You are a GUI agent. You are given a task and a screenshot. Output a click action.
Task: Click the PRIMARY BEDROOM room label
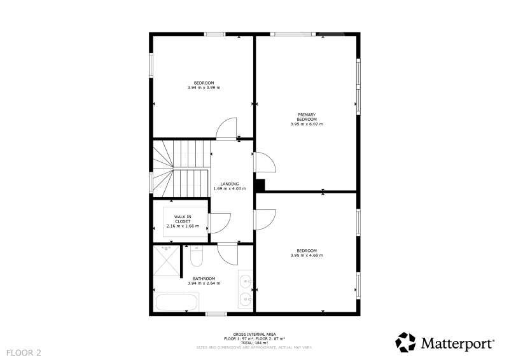pyautogui.click(x=307, y=117)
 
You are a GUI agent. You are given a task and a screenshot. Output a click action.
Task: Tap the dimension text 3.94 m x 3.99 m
pyautogui.click(x=204, y=88)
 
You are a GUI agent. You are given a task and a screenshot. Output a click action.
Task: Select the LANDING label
pyautogui.click(x=230, y=184)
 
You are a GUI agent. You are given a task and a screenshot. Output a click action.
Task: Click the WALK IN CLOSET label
pyautogui.click(x=183, y=219)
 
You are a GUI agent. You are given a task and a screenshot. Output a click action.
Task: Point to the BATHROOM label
pyautogui.click(x=204, y=279)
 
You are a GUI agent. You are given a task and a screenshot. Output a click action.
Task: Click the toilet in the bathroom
pyautogui.click(x=197, y=256)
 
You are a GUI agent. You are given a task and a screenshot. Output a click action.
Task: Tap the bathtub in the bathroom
pyautogui.click(x=177, y=302)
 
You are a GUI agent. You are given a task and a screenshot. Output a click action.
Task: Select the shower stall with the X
pyautogui.click(x=166, y=260)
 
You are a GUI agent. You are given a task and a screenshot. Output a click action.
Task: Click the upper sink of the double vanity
pyautogui.click(x=246, y=280)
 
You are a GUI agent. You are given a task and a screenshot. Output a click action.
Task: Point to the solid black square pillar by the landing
pyautogui.click(x=260, y=185)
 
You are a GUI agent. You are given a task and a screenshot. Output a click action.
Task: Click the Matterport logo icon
pyautogui.click(x=405, y=342)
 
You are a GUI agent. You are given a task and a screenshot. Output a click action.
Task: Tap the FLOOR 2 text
pyautogui.click(x=24, y=353)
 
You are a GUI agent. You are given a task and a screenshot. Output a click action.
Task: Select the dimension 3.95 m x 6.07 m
pyautogui.click(x=307, y=124)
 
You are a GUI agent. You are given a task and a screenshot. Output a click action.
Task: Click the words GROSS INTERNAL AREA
pyautogui.click(x=254, y=335)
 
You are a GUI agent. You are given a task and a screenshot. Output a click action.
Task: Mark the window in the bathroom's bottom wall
pyautogui.click(x=216, y=314)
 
